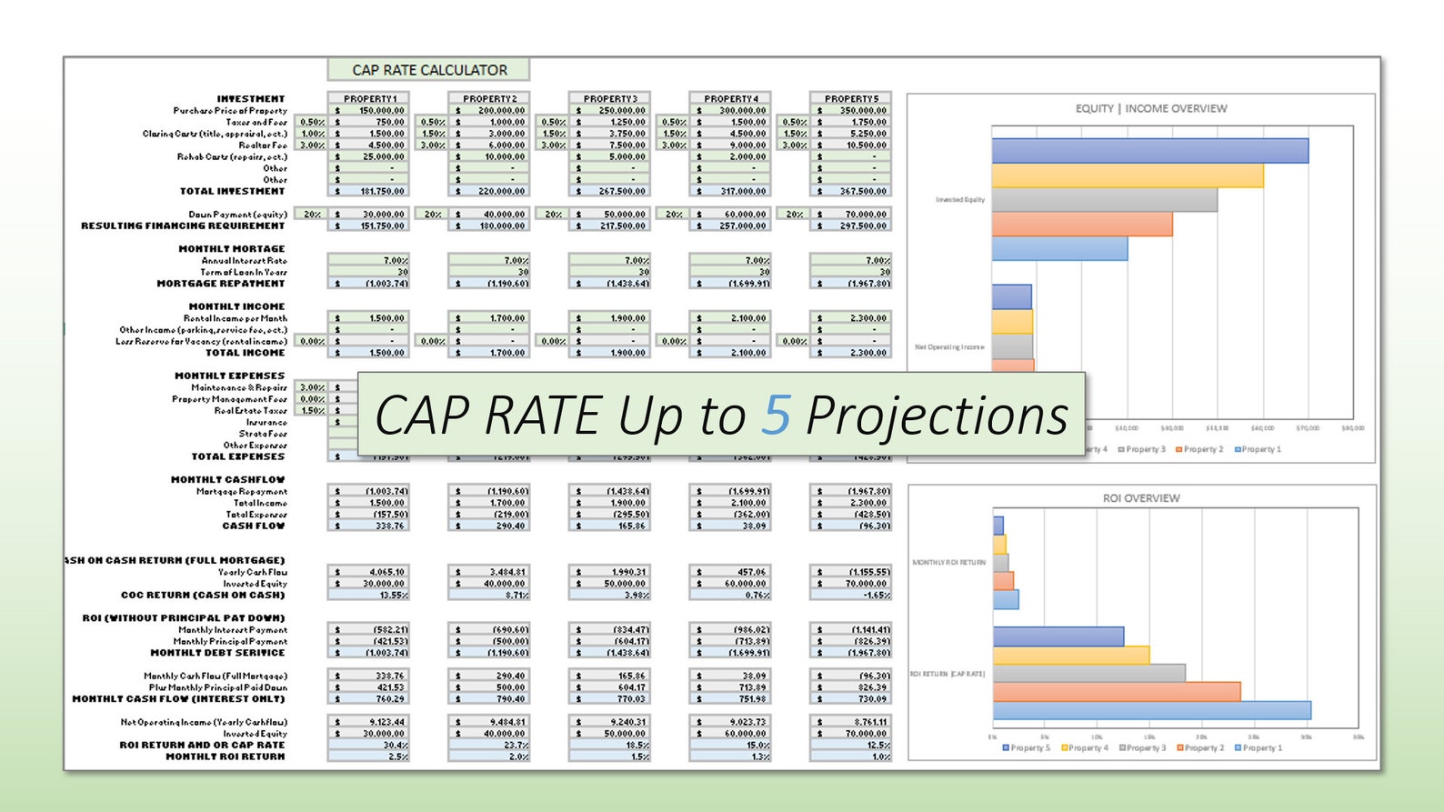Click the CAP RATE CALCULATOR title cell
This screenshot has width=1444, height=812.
[428, 70]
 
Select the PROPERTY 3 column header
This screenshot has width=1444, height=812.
[610, 98]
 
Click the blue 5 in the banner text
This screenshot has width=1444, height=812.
[776, 416]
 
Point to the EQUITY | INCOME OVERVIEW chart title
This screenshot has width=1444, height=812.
[1150, 108]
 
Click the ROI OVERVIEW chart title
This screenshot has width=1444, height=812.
[1140, 498]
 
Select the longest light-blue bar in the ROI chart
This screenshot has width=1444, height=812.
[1151, 710]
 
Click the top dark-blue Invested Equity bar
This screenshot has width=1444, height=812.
[1149, 151]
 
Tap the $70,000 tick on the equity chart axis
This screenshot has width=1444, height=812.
[1307, 427]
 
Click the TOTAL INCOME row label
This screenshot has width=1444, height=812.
[245, 353]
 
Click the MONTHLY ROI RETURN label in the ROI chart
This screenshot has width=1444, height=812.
[948, 563]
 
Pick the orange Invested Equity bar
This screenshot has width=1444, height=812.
[1081, 224]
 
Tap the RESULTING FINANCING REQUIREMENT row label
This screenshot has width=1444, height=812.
[183, 226]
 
